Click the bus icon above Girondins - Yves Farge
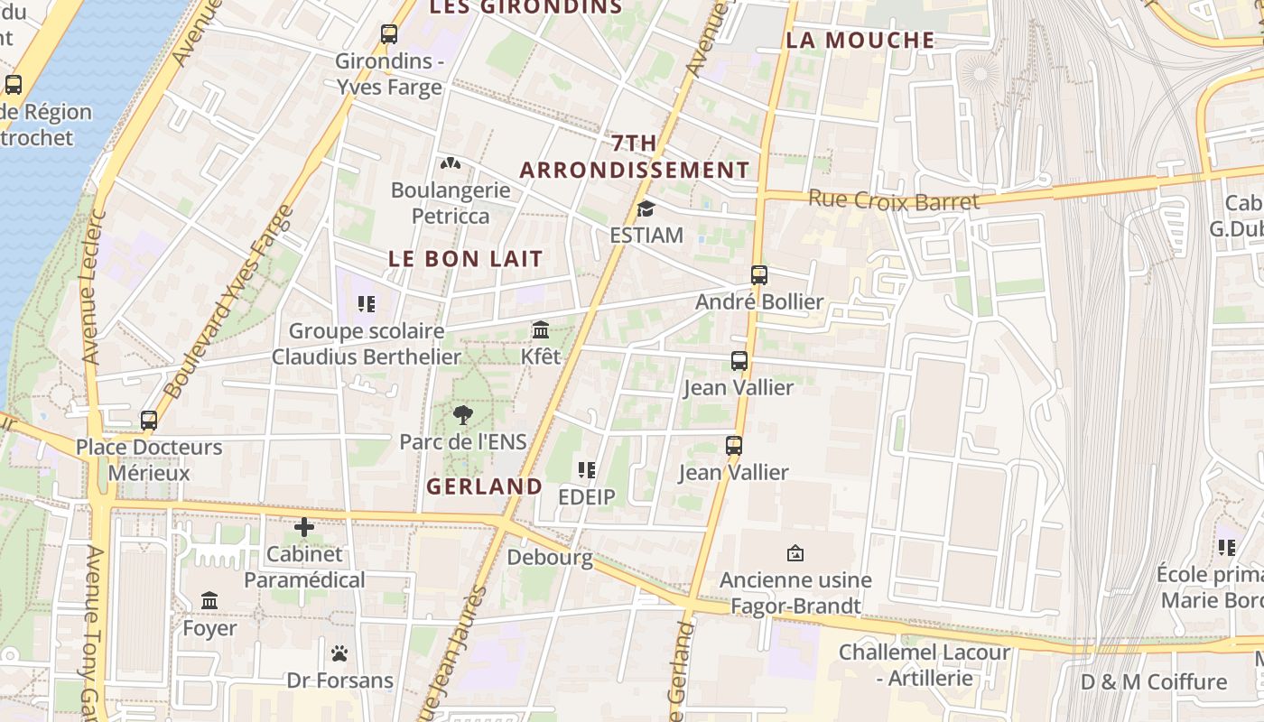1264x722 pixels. click(x=389, y=34)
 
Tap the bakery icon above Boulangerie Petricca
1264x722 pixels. click(x=450, y=163)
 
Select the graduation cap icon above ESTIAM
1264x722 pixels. click(x=646, y=209)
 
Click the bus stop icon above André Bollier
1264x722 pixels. click(x=759, y=275)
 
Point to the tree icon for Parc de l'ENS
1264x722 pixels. click(x=463, y=415)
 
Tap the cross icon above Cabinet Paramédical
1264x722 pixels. click(x=304, y=527)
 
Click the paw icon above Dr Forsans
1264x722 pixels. click(x=339, y=653)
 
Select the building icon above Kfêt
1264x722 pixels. click(x=541, y=330)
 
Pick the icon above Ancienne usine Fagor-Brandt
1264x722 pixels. click(x=795, y=553)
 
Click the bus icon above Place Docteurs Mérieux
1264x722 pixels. click(x=149, y=421)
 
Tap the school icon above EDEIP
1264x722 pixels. click(x=587, y=470)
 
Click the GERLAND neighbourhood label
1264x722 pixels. click(x=484, y=486)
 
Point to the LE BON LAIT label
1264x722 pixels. click(x=466, y=258)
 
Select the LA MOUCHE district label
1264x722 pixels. click(x=860, y=40)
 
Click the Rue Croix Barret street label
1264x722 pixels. click(x=893, y=200)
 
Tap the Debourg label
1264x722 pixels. click(x=550, y=557)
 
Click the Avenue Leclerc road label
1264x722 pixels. click(x=94, y=287)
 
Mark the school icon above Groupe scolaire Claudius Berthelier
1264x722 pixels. click(x=366, y=304)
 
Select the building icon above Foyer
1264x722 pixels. click(x=209, y=601)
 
